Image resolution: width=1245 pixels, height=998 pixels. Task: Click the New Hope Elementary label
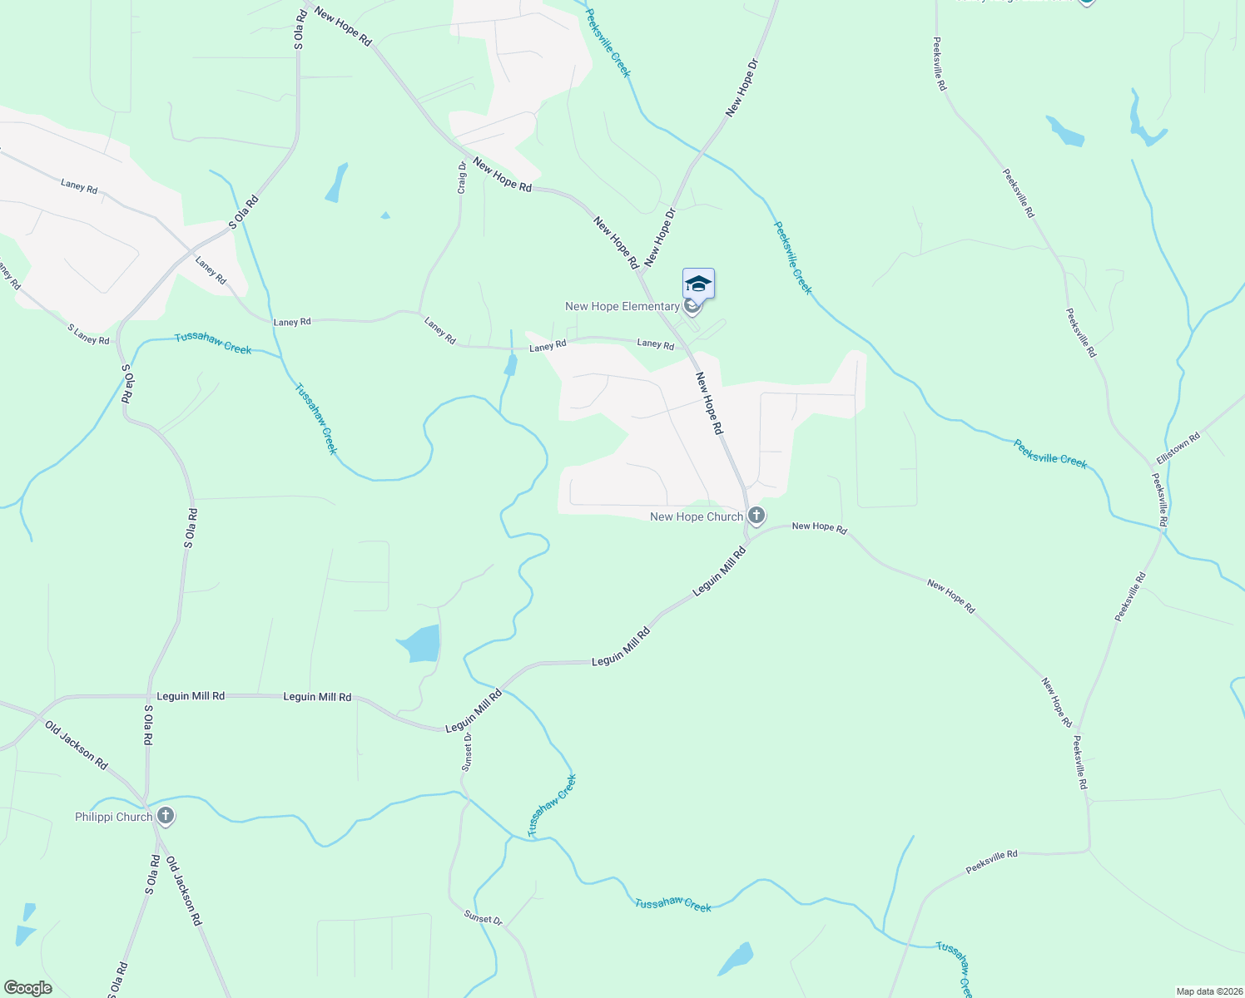click(x=622, y=307)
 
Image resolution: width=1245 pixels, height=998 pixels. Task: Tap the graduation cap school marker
click(x=698, y=284)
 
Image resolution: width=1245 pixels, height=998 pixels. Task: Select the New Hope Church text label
click(x=696, y=516)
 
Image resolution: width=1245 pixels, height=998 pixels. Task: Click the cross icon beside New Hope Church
click(x=756, y=516)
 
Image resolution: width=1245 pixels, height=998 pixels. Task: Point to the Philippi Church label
click(x=114, y=817)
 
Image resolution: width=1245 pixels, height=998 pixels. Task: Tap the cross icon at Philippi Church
click(x=166, y=817)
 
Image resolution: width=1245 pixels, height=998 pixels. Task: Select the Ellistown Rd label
click(x=1178, y=448)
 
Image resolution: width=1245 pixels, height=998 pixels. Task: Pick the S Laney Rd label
click(x=88, y=334)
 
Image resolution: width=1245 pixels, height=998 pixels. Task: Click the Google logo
click(x=27, y=988)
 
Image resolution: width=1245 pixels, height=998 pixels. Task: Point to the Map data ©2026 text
click(x=1208, y=991)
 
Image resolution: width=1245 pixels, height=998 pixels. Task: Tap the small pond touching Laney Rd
click(x=510, y=364)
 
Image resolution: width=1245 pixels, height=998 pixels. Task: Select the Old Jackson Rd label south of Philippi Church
click(x=184, y=891)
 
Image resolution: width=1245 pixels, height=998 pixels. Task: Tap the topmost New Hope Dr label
click(x=743, y=87)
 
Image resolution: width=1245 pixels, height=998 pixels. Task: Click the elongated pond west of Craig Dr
click(x=337, y=183)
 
